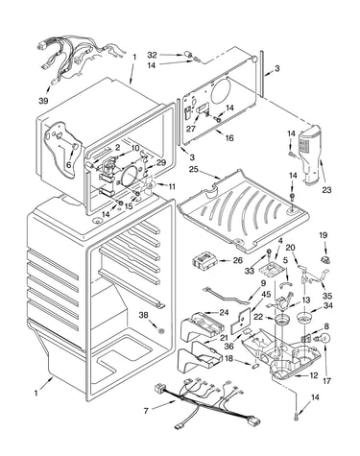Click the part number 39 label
click(x=43, y=101)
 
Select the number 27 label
click(x=191, y=129)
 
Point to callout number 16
click(x=229, y=138)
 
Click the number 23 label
click(x=326, y=190)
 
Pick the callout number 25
click(x=193, y=168)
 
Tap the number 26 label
click(x=238, y=260)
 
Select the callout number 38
click(x=144, y=315)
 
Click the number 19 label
click(x=323, y=235)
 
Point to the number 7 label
click(x=146, y=411)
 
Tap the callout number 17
click(x=327, y=381)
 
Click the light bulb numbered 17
click(x=324, y=339)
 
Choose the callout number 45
click(x=266, y=294)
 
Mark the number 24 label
click(x=224, y=312)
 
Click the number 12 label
click(x=314, y=375)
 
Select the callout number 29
click(x=161, y=162)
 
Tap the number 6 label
click(x=69, y=165)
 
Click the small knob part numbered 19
click(x=325, y=259)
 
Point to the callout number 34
click(x=327, y=305)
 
